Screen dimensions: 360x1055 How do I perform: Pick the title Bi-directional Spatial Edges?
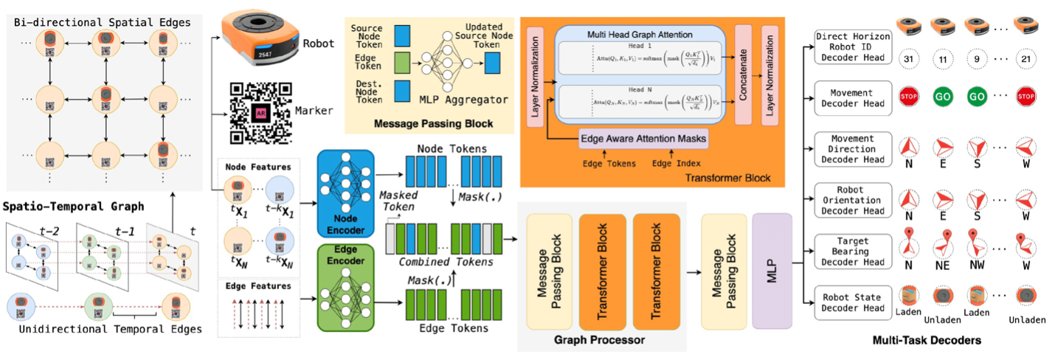point(102,23)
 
